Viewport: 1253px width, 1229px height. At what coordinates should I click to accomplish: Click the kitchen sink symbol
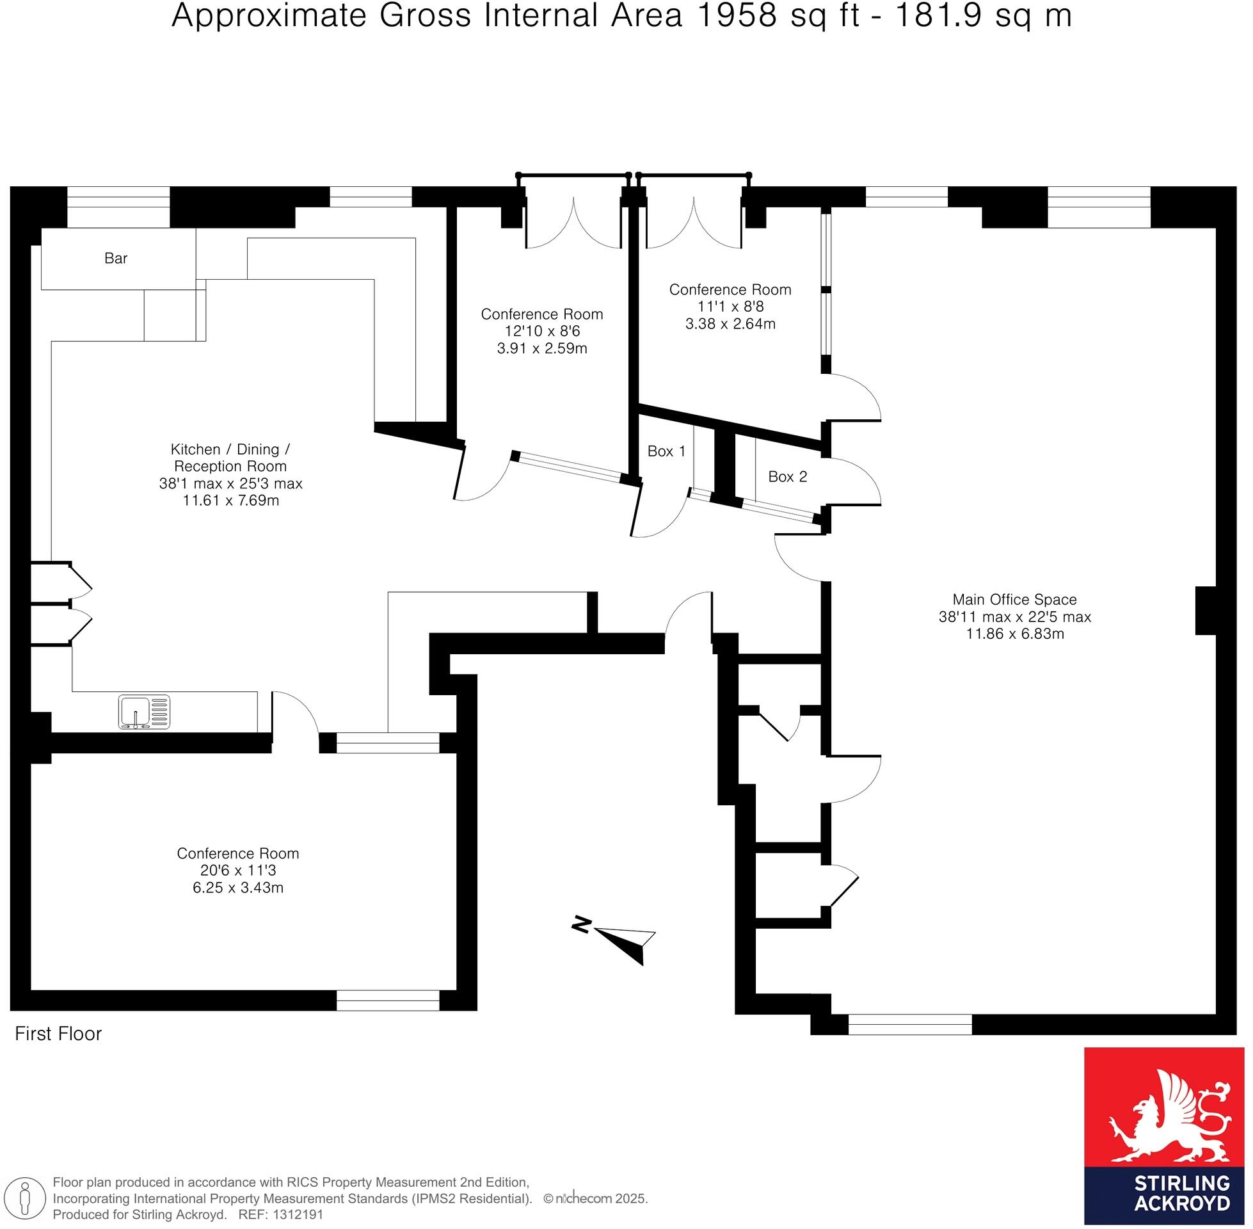tap(145, 712)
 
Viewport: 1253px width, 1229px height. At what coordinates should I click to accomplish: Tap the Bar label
tap(116, 258)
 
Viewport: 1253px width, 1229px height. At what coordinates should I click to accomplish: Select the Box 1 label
tap(667, 451)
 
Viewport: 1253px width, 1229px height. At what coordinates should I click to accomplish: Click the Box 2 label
tap(788, 477)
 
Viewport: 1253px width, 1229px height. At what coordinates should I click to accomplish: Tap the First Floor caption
tap(59, 1034)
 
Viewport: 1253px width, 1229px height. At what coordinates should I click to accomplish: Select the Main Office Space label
tap(1015, 600)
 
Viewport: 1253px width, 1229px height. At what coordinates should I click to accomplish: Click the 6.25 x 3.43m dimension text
tap(238, 888)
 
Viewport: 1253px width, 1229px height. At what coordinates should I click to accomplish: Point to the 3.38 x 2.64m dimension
tap(730, 324)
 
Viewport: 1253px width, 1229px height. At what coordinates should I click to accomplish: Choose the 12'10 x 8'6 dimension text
tap(542, 331)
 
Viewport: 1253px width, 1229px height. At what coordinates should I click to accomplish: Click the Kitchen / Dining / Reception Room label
tap(230, 458)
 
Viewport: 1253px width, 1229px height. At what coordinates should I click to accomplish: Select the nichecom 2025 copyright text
tap(596, 1199)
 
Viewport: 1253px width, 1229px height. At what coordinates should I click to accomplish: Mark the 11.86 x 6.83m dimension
tap(1015, 634)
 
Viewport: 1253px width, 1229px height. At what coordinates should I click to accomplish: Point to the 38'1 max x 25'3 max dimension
tap(230, 483)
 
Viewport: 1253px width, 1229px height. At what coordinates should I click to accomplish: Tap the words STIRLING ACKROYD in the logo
tap(1182, 1194)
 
